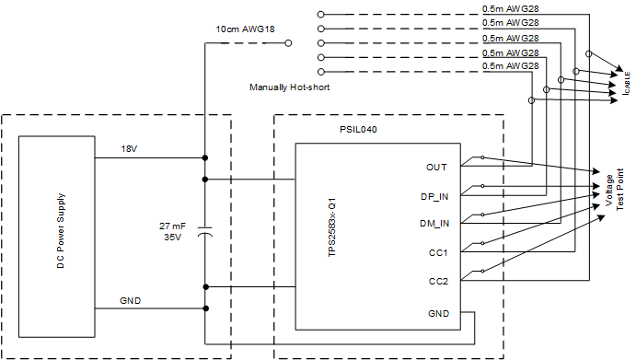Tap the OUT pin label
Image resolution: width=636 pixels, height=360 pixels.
point(436,167)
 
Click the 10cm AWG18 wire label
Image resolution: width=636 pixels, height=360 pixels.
point(245,29)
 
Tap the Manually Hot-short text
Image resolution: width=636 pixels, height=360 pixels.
point(289,87)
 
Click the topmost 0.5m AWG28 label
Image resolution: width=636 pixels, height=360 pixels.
point(510,9)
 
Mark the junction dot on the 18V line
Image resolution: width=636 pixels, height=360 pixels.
point(204,157)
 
